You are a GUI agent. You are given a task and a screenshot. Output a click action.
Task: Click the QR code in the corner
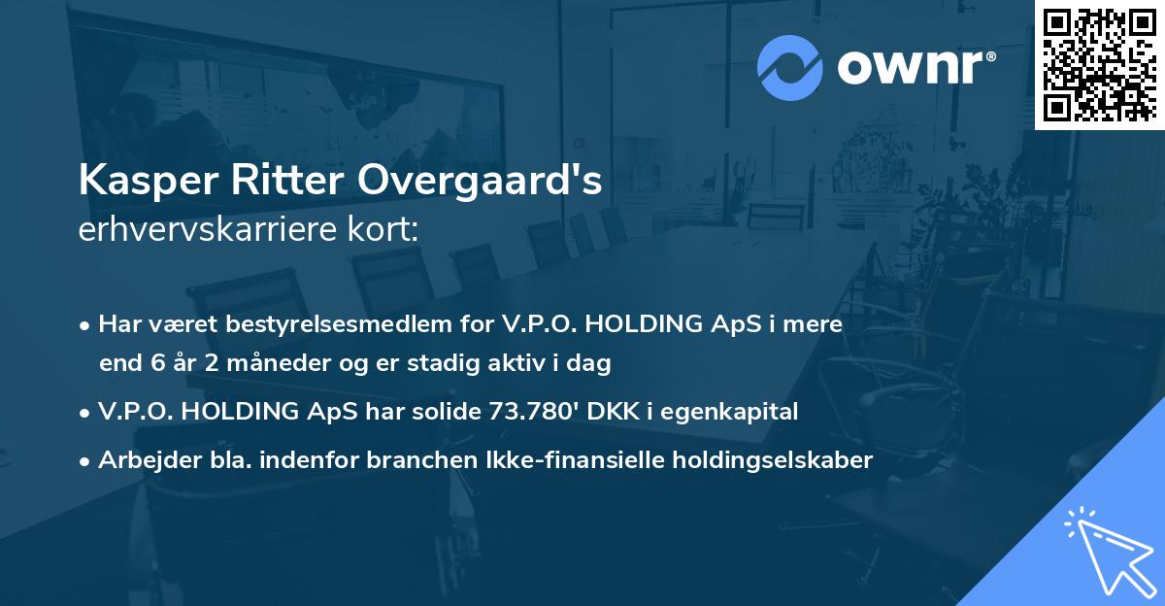point(1099,64)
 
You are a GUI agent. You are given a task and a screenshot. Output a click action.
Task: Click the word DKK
point(608,412)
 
